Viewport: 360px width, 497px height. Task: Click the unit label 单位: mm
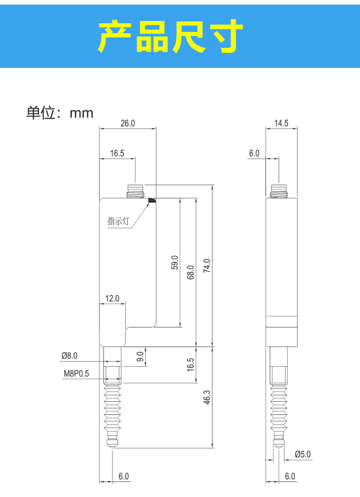click(59, 113)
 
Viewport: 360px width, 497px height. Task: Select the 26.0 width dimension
click(128, 123)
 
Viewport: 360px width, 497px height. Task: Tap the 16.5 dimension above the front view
click(117, 153)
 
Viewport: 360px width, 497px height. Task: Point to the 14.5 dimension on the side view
click(281, 123)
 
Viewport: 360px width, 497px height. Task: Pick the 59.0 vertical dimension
click(175, 263)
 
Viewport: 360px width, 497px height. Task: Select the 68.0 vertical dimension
click(190, 272)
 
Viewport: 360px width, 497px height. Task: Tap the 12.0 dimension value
click(112, 299)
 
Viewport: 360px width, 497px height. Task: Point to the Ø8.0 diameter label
click(69, 355)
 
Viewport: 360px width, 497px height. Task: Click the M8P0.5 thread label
click(76, 374)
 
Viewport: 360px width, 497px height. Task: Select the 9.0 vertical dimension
click(141, 356)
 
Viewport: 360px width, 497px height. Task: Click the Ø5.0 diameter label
click(302, 454)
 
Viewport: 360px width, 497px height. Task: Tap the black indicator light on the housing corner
click(152, 200)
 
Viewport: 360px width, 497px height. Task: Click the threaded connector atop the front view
click(135, 191)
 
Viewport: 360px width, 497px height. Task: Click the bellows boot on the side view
click(278, 409)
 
